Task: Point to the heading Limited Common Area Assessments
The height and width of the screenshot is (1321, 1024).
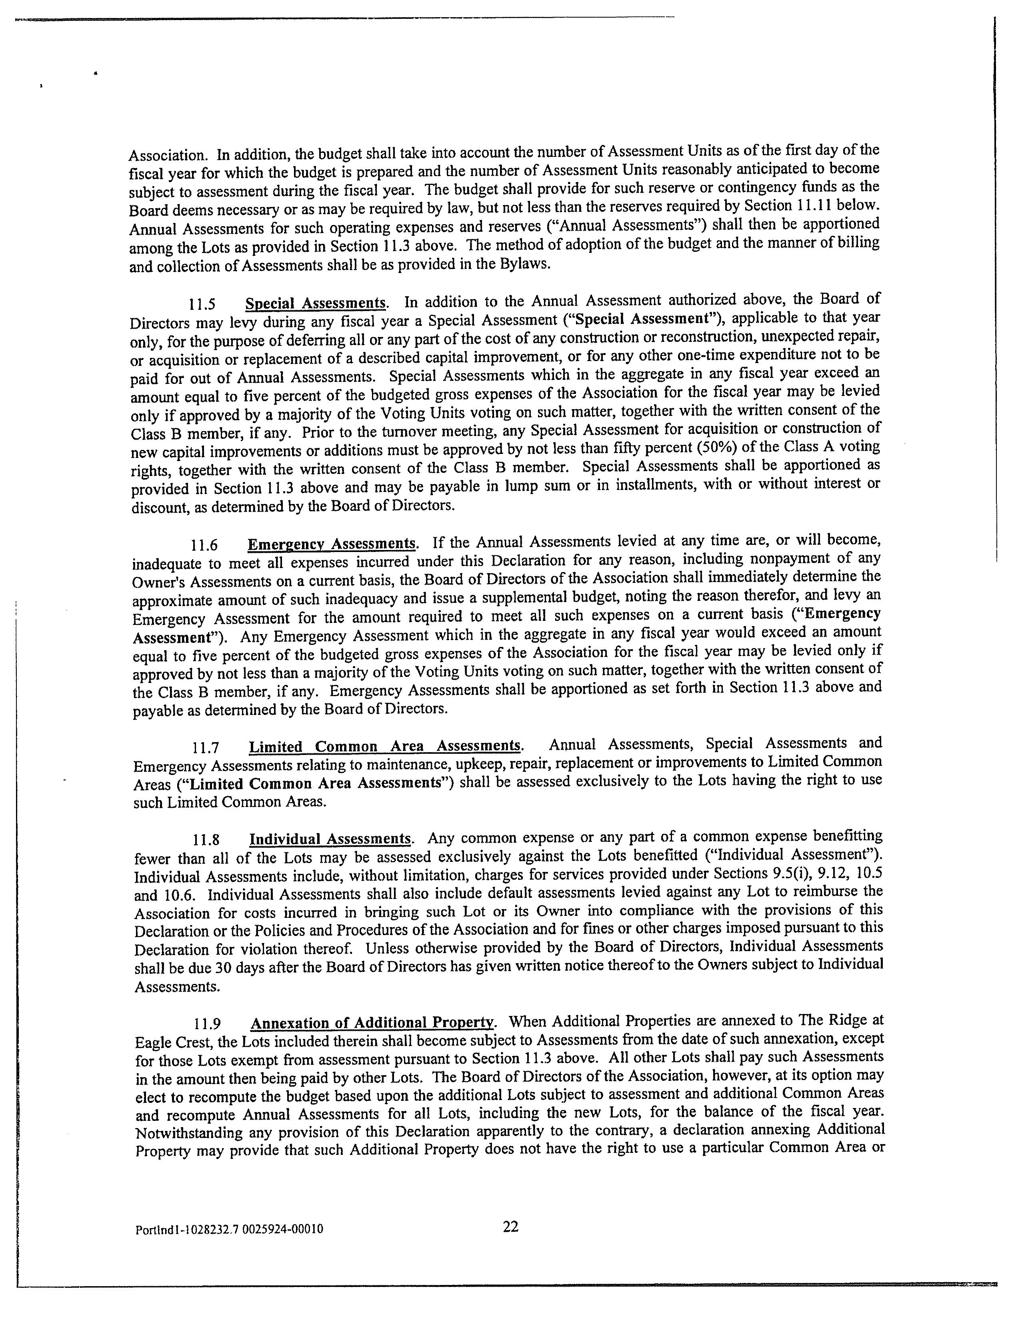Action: point(386,746)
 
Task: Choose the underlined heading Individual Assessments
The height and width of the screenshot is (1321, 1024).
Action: point(330,839)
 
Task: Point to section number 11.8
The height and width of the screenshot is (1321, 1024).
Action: point(206,840)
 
